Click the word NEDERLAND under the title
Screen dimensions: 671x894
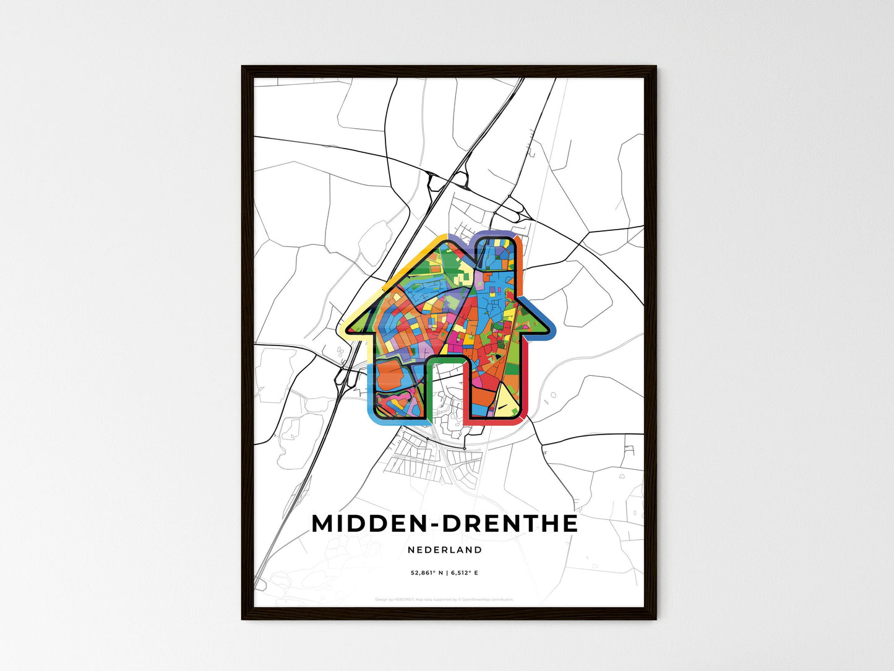(x=445, y=550)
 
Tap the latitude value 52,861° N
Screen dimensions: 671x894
(x=428, y=573)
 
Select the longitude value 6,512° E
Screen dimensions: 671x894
(x=464, y=573)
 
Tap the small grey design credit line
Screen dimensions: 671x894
(x=444, y=599)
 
